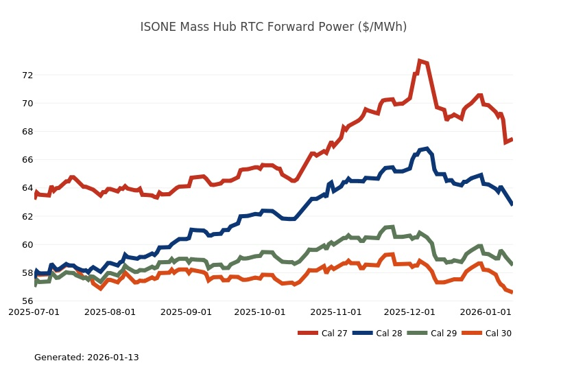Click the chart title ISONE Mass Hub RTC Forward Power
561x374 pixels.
[x=273, y=27]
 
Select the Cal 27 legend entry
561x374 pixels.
[x=322, y=334]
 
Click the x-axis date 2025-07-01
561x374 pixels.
[x=34, y=312]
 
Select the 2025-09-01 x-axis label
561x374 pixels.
[x=186, y=312]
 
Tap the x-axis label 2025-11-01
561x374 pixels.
[x=336, y=312]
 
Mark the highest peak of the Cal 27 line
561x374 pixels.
[x=419, y=61]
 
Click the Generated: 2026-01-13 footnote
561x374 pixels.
[x=86, y=358]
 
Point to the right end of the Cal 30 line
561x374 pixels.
[x=512, y=292]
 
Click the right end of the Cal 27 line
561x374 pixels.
[x=512, y=139]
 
